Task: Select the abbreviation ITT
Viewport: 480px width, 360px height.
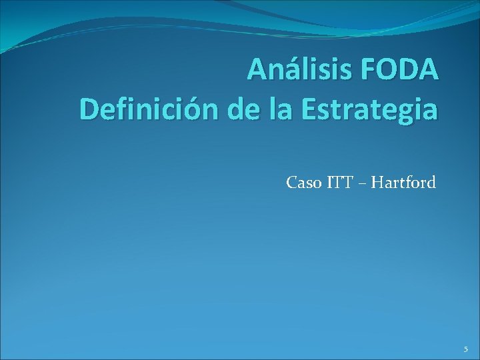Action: (x=341, y=181)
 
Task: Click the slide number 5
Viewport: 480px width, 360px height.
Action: (x=466, y=349)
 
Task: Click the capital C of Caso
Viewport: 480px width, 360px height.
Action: (x=291, y=181)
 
